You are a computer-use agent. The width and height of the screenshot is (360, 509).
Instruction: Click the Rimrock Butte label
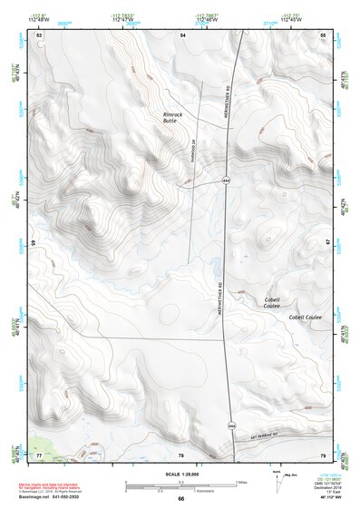tap(172, 119)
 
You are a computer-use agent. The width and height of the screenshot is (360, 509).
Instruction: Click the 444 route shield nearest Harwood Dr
tap(223, 181)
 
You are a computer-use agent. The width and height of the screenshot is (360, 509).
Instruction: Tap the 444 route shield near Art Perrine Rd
tap(232, 424)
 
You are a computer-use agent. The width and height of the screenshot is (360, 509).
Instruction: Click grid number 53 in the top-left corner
tap(39, 34)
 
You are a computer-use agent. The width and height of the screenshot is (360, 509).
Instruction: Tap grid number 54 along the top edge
tap(182, 34)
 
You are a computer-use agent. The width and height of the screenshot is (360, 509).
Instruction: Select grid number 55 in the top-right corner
tap(324, 34)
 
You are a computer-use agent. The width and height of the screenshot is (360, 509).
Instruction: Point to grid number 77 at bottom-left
tap(39, 454)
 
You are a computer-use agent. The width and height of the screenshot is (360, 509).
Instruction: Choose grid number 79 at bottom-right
tap(324, 454)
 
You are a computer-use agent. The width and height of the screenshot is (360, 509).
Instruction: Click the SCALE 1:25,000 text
tap(180, 474)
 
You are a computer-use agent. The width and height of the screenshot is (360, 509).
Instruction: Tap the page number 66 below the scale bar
tap(180, 499)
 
